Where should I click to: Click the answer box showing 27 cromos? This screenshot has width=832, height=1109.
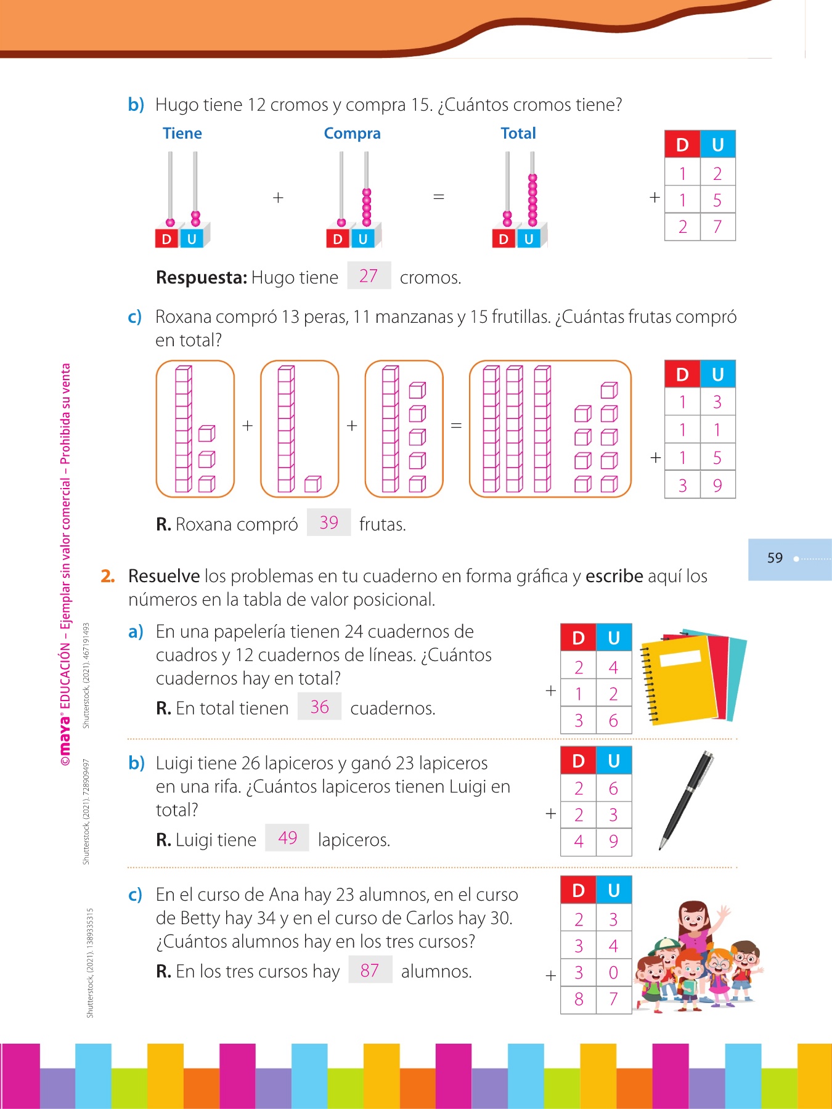click(x=369, y=275)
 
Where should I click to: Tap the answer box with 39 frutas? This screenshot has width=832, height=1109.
click(x=328, y=522)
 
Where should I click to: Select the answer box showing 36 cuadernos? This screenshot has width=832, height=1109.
click(x=319, y=707)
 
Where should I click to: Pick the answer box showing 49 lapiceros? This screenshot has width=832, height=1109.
click(x=287, y=838)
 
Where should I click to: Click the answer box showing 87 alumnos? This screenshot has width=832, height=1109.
click(x=370, y=970)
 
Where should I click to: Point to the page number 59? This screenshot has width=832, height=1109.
click(x=775, y=558)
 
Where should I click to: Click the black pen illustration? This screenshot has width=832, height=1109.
click(x=687, y=799)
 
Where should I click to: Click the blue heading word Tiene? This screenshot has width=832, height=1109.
click(x=182, y=134)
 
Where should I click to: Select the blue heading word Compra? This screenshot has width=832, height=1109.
click(x=352, y=134)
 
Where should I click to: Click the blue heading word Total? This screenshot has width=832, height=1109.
click(x=518, y=134)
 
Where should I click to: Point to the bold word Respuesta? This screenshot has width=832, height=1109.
click(x=202, y=278)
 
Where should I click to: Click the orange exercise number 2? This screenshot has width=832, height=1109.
click(x=108, y=576)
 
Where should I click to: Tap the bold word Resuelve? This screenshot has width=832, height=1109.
click(x=163, y=576)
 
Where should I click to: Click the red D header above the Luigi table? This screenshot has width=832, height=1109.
click(x=578, y=761)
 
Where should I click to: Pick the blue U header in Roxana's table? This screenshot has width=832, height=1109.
click(x=717, y=375)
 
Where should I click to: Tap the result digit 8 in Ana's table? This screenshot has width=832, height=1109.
click(x=578, y=999)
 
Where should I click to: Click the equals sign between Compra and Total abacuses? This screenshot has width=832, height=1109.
click(x=438, y=197)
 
